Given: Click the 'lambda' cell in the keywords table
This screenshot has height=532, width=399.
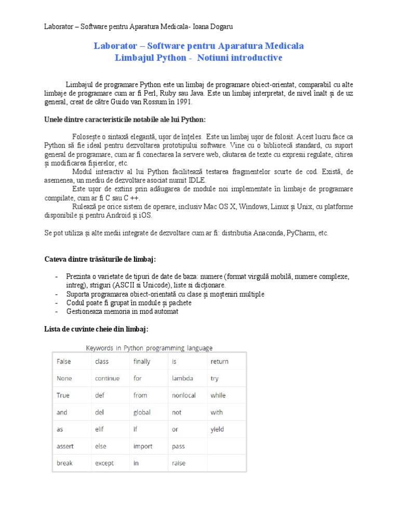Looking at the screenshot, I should coord(182,378).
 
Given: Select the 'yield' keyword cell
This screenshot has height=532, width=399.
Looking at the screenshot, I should coord(217,429).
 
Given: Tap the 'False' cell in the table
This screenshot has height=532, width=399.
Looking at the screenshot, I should coord(64,361).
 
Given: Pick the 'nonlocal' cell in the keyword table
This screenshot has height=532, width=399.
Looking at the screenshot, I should coord(184,395).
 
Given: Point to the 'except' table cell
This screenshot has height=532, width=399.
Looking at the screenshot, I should coord(104,463).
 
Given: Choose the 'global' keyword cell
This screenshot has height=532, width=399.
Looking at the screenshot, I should coord(142,413).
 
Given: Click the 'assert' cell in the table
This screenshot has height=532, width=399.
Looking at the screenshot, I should coord(65,446).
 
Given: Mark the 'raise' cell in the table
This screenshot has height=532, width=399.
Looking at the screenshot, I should coord(179,463).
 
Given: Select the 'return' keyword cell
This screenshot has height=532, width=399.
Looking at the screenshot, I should coord(219,361).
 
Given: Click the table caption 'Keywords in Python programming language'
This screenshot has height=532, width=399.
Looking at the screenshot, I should coord(149,348).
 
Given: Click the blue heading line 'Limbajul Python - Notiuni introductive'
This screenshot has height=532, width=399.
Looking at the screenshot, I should coord(198,58).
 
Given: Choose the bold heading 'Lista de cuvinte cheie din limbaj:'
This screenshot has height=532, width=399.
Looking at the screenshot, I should coord(97,329).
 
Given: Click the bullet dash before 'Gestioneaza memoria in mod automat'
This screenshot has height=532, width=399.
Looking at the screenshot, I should coord(56,311).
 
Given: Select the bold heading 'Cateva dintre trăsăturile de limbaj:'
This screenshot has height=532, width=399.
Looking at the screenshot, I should coord(100,259).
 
